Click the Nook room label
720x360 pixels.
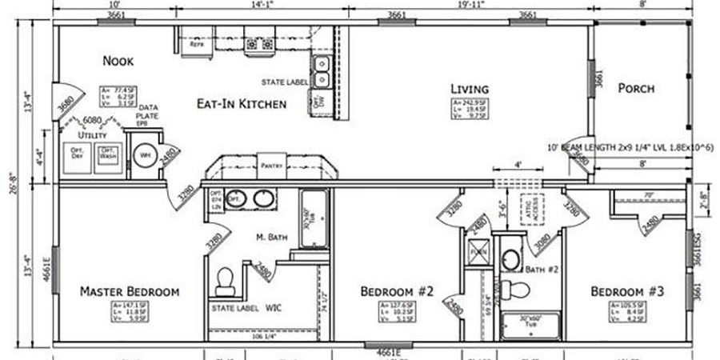tap(118, 61)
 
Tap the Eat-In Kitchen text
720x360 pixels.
tap(242, 103)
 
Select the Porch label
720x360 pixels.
tap(636, 88)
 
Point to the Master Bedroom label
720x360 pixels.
tap(129, 291)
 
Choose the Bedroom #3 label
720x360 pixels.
tap(628, 291)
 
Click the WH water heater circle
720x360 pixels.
tap(145, 155)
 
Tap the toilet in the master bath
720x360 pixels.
tap(226, 279)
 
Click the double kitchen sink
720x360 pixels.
tap(322, 71)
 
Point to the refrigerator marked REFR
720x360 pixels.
tap(196, 46)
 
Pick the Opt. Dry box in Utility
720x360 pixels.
tap(78, 154)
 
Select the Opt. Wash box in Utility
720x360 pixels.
tap(108, 154)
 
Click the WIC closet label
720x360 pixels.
tap(274, 307)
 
